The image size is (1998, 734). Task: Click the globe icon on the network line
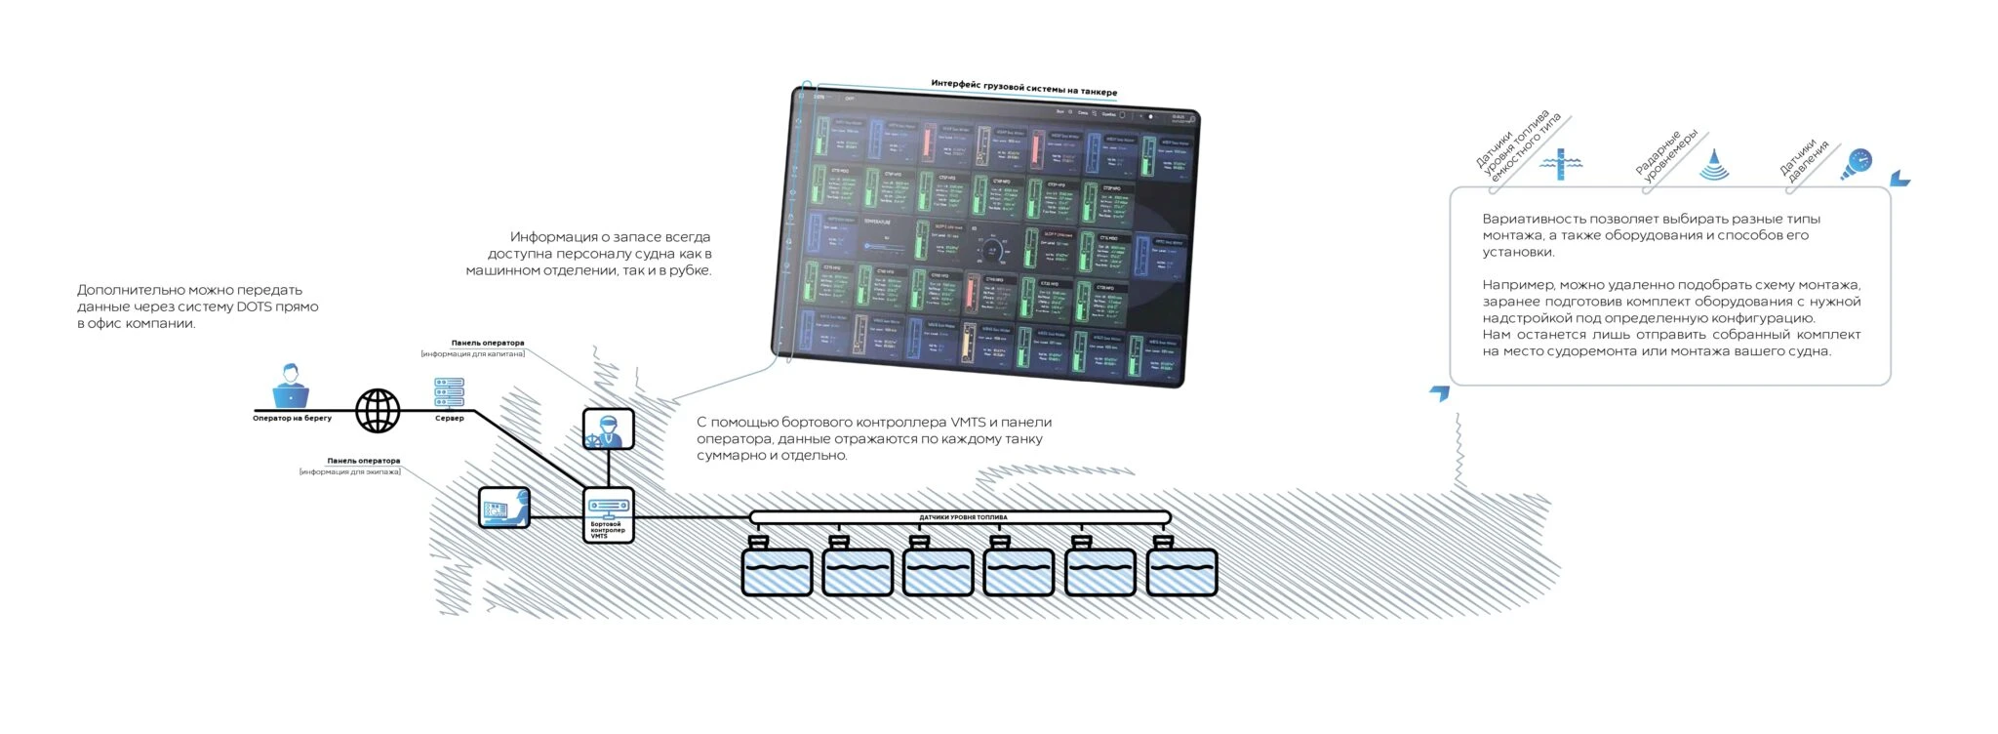[378, 410]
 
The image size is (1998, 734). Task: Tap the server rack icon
[449, 392]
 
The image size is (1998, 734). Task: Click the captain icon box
[609, 428]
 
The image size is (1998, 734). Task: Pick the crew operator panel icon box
[504, 508]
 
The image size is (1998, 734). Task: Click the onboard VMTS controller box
[608, 514]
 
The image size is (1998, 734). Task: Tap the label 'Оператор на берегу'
[292, 419]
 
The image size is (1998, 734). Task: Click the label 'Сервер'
[449, 419]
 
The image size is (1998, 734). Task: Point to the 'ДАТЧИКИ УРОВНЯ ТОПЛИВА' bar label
[963, 517]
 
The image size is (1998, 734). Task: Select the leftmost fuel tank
[777, 571]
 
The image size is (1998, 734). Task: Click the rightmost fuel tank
[1181, 571]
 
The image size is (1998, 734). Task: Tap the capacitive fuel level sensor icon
[1561, 164]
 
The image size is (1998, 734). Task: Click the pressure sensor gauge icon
[1857, 163]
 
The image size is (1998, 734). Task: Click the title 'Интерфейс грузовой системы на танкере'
[1023, 88]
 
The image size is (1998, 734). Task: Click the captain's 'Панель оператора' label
[487, 343]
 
